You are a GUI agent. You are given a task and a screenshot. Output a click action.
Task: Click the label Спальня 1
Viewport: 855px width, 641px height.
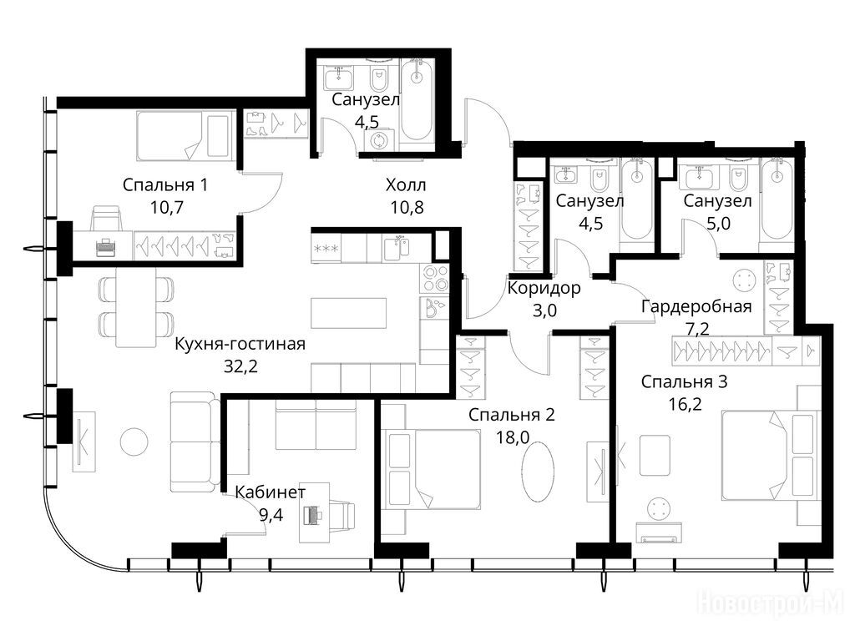tap(164, 184)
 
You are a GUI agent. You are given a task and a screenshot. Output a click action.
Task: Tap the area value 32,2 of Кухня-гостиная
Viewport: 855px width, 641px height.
tap(240, 366)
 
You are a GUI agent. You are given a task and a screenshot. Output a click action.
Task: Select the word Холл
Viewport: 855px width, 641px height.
tap(406, 184)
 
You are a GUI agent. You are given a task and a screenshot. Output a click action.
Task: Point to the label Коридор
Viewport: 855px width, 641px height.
tap(544, 287)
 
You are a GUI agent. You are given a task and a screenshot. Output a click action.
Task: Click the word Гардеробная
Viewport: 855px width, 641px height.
tap(696, 306)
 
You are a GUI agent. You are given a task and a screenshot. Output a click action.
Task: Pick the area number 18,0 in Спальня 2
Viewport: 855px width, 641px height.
tap(513, 437)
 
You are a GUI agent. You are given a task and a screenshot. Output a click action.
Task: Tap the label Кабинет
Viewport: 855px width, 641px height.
tap(271, 492)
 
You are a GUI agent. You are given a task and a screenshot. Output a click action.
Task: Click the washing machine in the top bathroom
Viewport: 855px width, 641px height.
tap(378, 140)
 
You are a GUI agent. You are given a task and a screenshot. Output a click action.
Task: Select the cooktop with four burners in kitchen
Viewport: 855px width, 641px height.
tap(434, 278)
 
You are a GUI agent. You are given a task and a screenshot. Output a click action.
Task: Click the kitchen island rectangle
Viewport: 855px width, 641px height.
tap(348, 313)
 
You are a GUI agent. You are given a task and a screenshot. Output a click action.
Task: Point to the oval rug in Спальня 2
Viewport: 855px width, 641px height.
tap(539, 470)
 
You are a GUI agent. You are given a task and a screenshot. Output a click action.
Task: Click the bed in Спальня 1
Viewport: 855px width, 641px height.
tap(185, 136)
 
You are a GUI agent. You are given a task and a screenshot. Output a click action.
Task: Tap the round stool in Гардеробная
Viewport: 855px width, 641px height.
tap(744, 281)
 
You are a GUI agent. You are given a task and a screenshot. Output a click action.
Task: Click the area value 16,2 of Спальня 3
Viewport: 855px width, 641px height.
tap(685, 404)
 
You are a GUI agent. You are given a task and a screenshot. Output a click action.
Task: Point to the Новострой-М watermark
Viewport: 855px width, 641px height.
tap(772, 604)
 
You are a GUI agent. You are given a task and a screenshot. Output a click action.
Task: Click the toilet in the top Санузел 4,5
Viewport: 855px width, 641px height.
tap(378, 79)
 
